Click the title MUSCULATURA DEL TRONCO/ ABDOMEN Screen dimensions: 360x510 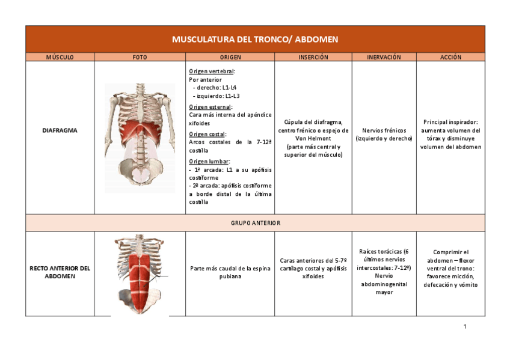255,40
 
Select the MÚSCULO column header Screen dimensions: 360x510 60,57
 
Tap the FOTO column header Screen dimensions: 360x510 140,57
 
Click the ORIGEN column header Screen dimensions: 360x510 230,57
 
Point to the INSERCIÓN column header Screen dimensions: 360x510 313,57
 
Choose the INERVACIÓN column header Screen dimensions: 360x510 384,57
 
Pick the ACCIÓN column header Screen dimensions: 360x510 450,57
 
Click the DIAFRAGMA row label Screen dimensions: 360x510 60,130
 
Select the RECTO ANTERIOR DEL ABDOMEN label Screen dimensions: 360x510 60,272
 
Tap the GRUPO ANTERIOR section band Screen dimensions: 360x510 255,223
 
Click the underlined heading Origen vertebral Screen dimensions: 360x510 212,71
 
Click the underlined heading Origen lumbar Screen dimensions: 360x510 209,161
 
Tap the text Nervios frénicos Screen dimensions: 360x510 384,130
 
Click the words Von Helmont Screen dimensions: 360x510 313,138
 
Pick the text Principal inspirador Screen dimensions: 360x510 450,121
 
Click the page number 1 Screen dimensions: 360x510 465,326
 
